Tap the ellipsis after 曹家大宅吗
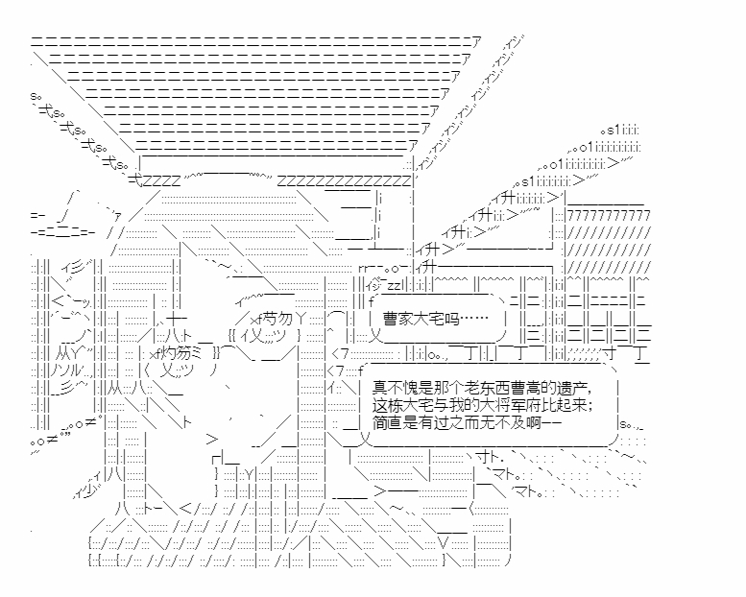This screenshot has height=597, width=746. (x=473, y=318)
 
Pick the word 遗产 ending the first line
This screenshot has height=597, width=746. (x=574, y=386)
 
